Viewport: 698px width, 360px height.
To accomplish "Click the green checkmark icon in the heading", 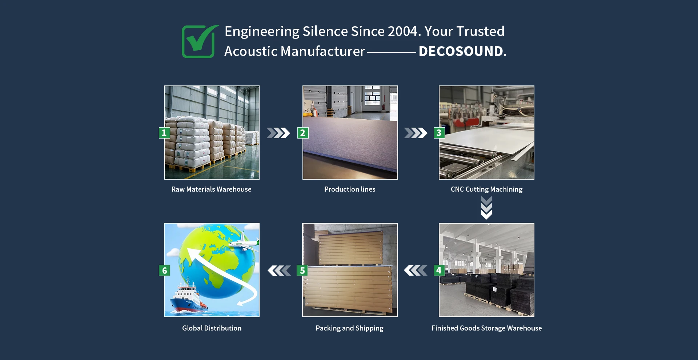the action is pyautogui.click(x=199, y=41).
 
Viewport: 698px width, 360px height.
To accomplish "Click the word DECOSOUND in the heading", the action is pyautogui.click(x=461, y=51).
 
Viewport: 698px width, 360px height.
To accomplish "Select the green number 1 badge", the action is pyautogui.click(x=164, y=133).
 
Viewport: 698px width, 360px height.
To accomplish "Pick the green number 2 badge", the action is pyautogui.click(x=303, y=133).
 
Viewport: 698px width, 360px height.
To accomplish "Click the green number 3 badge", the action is pyautogui.click(x=439, y=133).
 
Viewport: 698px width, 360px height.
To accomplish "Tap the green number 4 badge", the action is pyautogui.click(x=439, y=270).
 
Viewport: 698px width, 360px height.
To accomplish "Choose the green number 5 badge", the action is pyautogui.click(x=302, y=270).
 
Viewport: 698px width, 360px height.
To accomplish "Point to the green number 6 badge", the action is pyautogui.click(x=164, y=270).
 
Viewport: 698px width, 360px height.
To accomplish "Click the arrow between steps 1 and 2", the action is pyautogui.click(x=278, y=133).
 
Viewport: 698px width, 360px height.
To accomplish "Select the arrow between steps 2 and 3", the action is pyautogui.click(x=416, y=133).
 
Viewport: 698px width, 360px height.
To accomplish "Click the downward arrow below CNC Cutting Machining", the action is pyautogui.click(x=486, y=208).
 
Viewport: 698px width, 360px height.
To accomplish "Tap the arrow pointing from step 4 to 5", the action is pyautogui.click(x=416, y=271).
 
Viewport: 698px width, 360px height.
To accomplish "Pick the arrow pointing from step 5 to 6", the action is pyautogui.click(x=279, y=271).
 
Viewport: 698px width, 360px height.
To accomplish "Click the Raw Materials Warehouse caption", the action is pyautogui.click(x=212, y=189).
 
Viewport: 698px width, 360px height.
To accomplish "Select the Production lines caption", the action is pyautogui.click(x=350, y=189).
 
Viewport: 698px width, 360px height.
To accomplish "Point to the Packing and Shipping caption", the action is pyautogui.click(x=349, y=328).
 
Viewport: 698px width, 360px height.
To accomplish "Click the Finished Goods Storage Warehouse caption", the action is pyautogui.click(x=487, y=328).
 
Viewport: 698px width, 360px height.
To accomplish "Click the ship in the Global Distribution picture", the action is pyautogui.click(x=188, y=295).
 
